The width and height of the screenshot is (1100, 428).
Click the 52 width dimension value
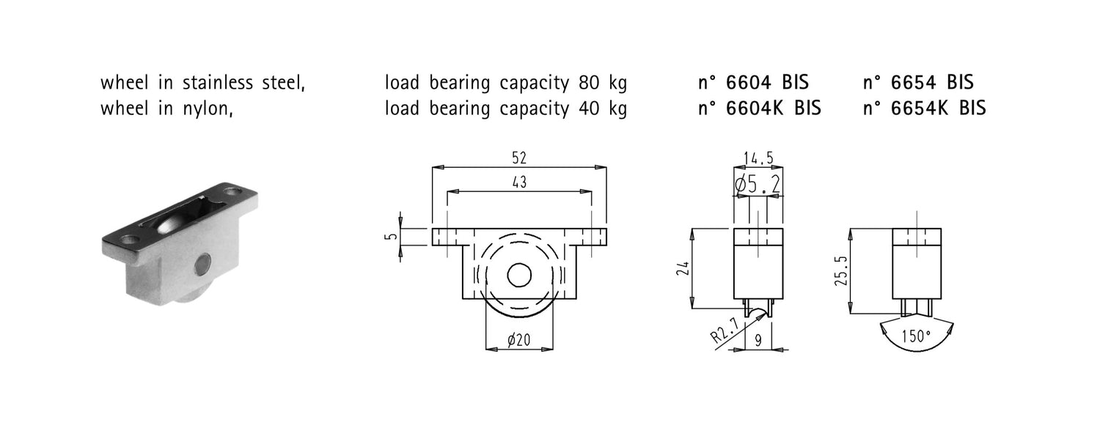519,158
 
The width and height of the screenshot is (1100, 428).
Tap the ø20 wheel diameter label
519,339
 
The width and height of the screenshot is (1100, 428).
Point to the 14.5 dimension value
758,158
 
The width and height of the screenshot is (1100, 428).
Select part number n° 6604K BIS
760,108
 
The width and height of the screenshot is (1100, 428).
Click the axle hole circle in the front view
519,275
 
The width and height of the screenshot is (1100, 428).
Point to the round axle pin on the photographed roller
203,262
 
